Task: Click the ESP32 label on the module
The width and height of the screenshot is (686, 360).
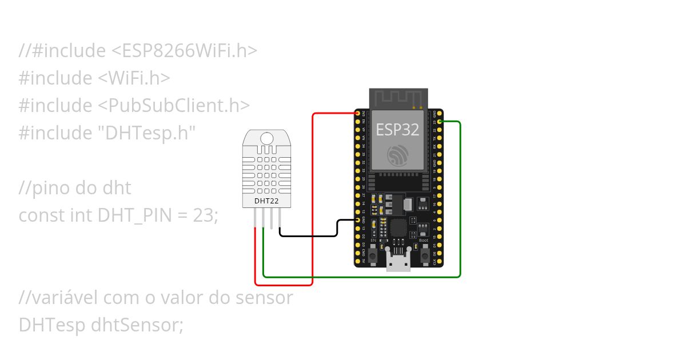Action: (x=397, y=130)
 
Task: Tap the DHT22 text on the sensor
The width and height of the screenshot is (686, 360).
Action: (x=266, y=201)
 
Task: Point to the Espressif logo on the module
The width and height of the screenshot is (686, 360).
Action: (x=397, y=155)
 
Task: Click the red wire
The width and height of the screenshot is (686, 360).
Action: (x=313, y=200)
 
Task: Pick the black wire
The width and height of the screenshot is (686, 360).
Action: (x=309, y=235)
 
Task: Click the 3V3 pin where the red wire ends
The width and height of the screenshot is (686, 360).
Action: (x=358, y=114)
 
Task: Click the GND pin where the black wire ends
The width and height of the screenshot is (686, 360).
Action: (x=358, y=220)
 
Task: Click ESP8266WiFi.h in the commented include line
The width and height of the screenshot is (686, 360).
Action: (x=183, y=51)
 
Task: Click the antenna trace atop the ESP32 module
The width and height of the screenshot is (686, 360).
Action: (x=398, y=97)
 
